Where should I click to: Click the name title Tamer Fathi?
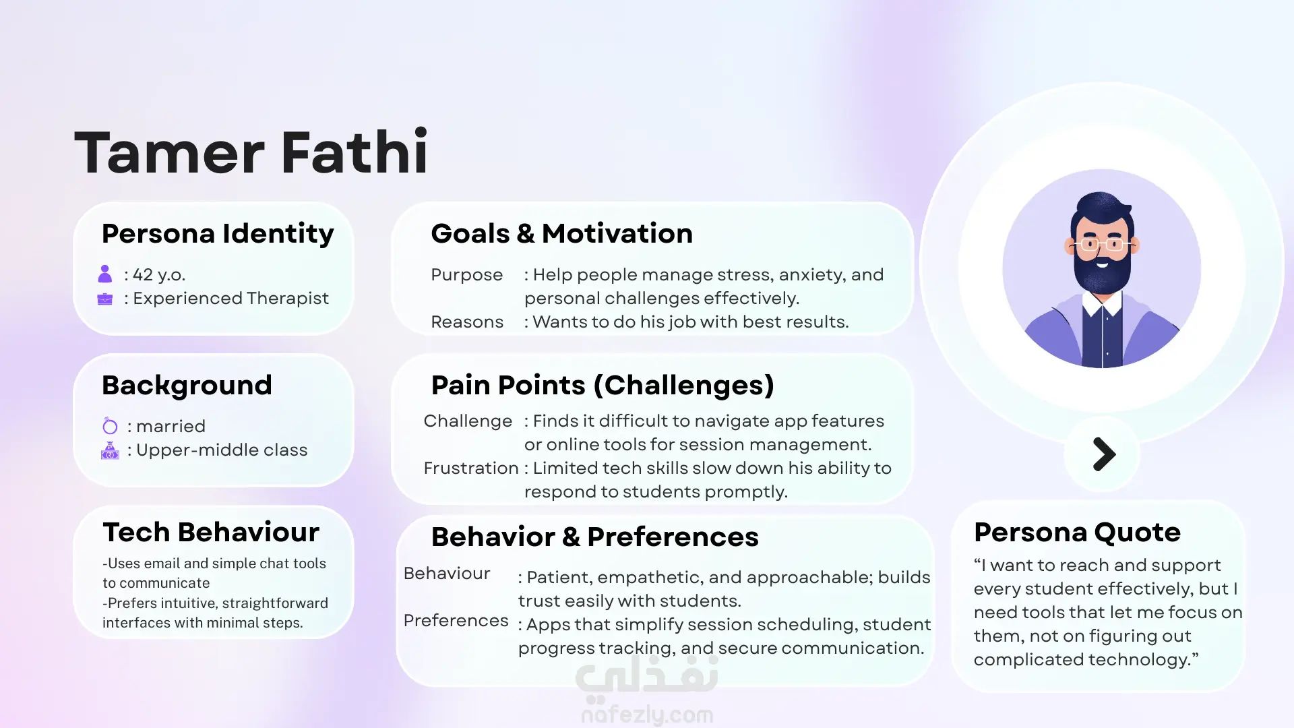[x=251, y=152]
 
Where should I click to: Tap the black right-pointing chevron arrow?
[x=1104, y=454]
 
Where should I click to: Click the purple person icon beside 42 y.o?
[x=105, y=274]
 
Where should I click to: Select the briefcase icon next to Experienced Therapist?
[x=105, y=299]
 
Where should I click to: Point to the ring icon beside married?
[x=109, y=425]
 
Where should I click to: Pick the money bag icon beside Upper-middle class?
[x=110, y=450]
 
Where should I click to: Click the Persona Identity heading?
[x=218, y=234]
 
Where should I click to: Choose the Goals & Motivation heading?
[x=562, y=234]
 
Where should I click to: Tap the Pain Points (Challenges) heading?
[x=603, y=386]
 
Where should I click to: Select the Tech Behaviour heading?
[x=211, y=533]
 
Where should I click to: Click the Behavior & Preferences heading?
[x=595, y=537]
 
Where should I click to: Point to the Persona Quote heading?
[x=1077, y=533]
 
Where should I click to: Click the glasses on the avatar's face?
[x=1102, y=243]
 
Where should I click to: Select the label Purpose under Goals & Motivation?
[x=467, y=275]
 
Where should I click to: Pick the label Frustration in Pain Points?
[x=471, y=468]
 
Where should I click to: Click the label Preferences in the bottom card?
[x=456, y=621]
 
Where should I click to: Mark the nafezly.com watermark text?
[x=647, y=715]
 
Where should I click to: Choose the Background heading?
[x=187, y=386]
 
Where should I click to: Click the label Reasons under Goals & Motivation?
[x=467, y=322]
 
